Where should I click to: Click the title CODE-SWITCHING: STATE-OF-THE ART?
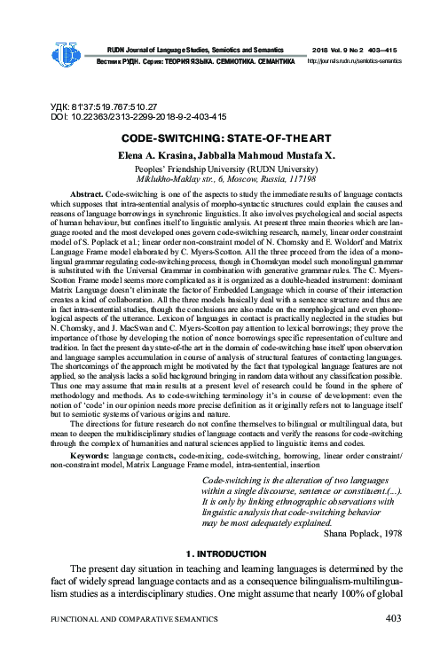point(220,138)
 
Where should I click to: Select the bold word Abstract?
point(86,192)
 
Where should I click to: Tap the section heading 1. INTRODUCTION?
point(220,553)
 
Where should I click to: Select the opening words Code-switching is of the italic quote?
point(238,481)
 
